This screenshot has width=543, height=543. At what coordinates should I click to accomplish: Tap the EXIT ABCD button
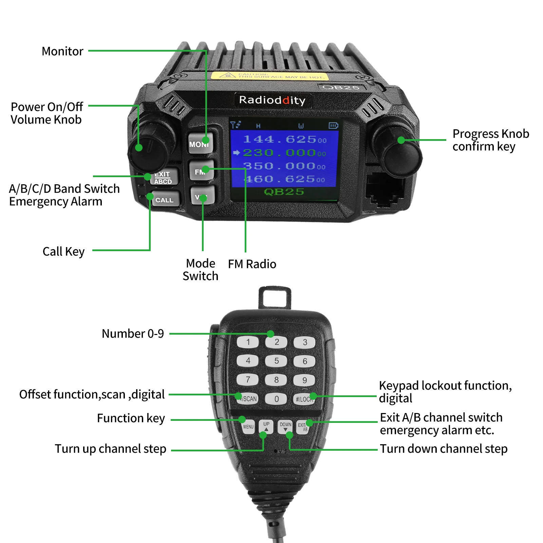(164, 177)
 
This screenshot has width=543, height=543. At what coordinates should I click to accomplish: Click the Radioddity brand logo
(272, 100)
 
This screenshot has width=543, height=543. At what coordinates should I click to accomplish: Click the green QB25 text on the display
(284, 192)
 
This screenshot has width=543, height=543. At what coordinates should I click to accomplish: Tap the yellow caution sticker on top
(270, 76)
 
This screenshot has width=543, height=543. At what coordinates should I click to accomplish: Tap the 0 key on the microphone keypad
(276, 399)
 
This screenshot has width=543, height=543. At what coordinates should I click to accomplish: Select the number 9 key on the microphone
(304, 380)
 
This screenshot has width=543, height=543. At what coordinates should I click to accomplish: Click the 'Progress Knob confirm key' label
(490, 140)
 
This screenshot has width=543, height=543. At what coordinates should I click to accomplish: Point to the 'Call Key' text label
(63, 251)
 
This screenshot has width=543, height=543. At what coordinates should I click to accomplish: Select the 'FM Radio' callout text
(252, 264)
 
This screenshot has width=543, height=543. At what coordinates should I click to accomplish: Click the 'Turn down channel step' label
(443, 449)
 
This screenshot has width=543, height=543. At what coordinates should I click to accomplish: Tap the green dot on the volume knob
(139, 148)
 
